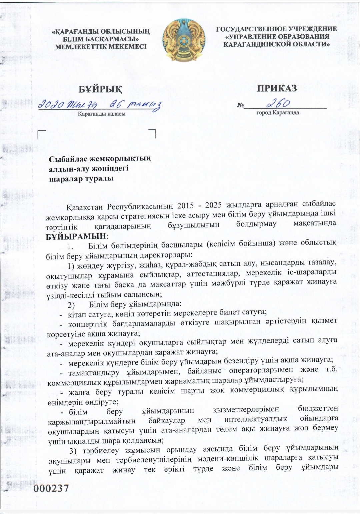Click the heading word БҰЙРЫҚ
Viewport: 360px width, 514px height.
click(x=100, y=89)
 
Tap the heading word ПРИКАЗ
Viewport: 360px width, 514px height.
click(x=277, y=88)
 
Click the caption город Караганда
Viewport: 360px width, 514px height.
click(x=277, y=113)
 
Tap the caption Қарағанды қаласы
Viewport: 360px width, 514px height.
click(x=102, y=114)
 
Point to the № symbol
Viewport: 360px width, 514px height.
click(x=240, y=106)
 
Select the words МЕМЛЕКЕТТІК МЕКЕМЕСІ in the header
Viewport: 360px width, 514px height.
click(x=100, y=46)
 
